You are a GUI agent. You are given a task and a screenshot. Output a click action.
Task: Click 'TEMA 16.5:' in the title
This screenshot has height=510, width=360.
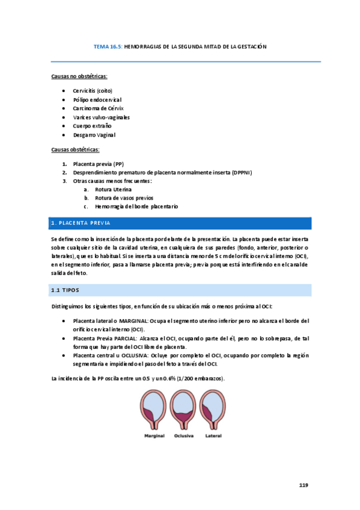coord(108,46)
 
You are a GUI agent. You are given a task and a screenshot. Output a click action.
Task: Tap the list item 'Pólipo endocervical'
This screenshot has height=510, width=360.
coord(97,99)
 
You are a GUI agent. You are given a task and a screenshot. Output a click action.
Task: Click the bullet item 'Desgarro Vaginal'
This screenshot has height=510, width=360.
coord(94,135)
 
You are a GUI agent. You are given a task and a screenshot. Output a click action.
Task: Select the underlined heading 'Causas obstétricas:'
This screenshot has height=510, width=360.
coord(75,149)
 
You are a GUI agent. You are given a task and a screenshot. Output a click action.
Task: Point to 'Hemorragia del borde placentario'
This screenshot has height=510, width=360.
coord(136,206)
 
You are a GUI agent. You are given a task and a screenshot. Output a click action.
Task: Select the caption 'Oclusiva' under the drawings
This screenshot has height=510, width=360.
coord(183,435)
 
